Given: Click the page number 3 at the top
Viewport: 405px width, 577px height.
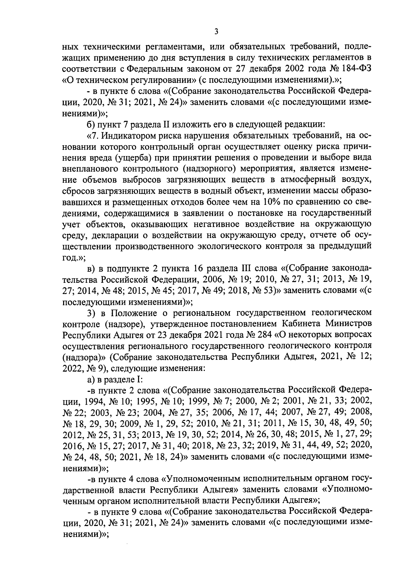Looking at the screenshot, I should (x=216, y=32).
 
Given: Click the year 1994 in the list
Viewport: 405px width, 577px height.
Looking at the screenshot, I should (x=93, y=401).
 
